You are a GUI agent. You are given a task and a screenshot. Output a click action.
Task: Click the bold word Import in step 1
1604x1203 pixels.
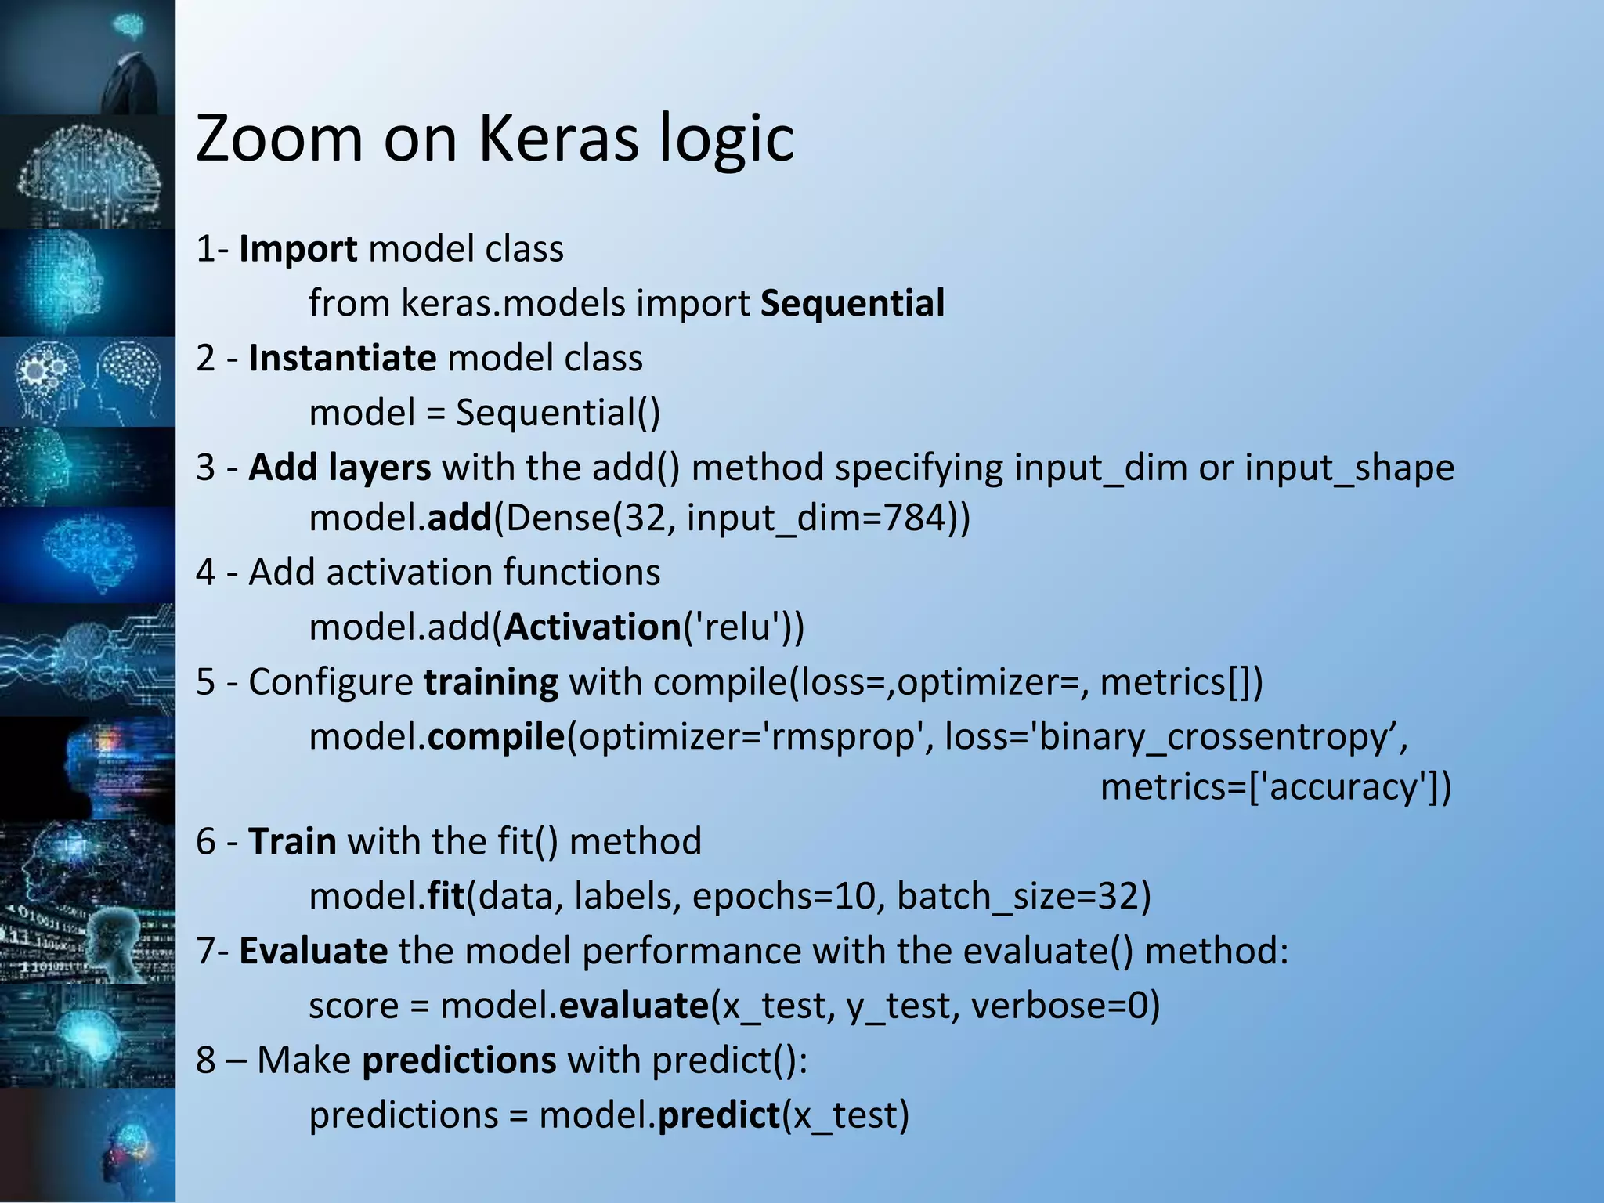(x=298, y=249)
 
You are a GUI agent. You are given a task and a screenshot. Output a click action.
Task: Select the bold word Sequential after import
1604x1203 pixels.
(x=852, y=304)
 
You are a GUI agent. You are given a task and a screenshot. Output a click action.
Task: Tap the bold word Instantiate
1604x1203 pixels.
(x=342, y=359)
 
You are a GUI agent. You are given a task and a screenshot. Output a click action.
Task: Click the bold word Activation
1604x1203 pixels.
(x=593, y=628)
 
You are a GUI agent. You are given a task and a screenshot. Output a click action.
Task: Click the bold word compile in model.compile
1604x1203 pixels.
(x=496, y=738)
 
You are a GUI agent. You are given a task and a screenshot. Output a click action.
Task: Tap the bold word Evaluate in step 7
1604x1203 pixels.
(x=312, y=952)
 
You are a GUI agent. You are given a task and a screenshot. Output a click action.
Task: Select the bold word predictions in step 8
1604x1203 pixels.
(x=459, y=1061)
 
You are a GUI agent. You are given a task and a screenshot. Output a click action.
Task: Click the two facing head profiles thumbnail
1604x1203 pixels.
(x=88, y=381)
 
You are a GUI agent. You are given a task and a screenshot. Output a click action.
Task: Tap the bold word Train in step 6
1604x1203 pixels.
(x=292, y=842)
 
